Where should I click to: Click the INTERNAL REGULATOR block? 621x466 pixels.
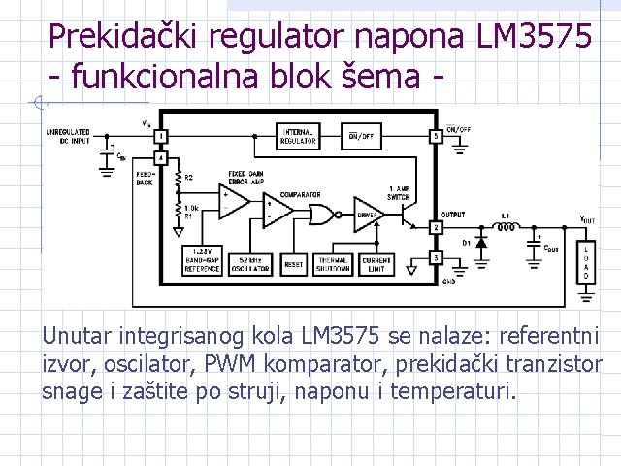pos(297,137)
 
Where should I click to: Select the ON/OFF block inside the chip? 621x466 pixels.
pos(361,137)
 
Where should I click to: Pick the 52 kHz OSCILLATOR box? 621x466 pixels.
pos(250,262)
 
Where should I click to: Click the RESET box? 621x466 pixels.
pos(293,262)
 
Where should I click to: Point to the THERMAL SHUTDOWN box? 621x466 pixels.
pos(333,262)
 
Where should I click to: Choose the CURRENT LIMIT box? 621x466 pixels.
pos(376,262)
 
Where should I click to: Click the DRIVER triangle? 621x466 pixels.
pos(368,215)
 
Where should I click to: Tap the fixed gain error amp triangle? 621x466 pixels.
pos(233,203)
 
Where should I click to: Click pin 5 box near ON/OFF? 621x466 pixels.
pos(437,137)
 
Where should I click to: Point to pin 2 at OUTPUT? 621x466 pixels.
pos(437,227)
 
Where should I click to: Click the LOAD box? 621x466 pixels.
pos(585,262)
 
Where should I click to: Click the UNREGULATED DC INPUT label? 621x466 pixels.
pos(68,135)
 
